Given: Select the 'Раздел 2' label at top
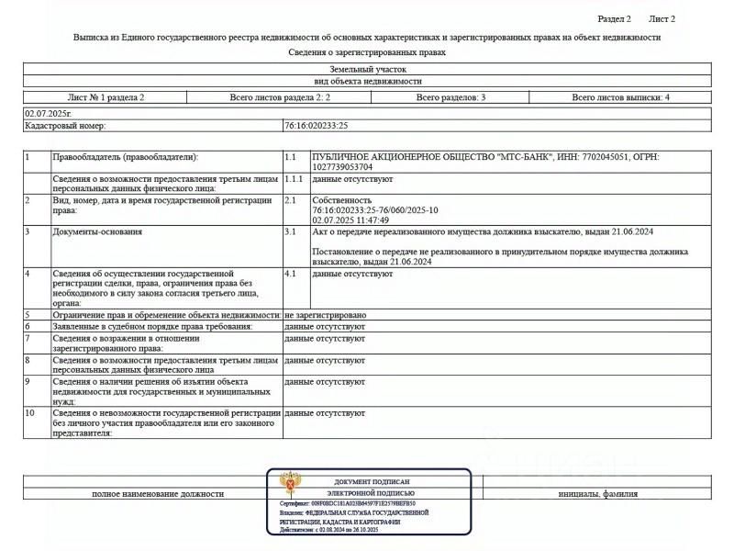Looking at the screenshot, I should [614, 18].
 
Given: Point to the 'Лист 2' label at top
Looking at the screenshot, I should [662, 18].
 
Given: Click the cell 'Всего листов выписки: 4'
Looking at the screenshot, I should [620, 96].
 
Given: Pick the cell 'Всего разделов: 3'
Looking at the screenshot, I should [450, 96].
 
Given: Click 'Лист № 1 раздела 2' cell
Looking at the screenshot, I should [106, 96].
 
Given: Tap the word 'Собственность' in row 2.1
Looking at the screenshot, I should [342, 199].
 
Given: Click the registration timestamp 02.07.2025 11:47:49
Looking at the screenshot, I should [350, 220].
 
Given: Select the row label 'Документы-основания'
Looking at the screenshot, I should [97, 231].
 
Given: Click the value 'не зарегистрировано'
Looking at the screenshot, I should [326, 315].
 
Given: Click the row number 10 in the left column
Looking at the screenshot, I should [30, 413].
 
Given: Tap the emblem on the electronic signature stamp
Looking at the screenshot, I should [291, 482].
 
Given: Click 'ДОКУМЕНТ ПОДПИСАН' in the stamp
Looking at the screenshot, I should [372, 481].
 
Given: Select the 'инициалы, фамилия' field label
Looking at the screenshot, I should [597, 494].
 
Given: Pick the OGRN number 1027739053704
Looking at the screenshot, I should [342, 167].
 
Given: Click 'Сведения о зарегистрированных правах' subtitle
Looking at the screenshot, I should [367, 52].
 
